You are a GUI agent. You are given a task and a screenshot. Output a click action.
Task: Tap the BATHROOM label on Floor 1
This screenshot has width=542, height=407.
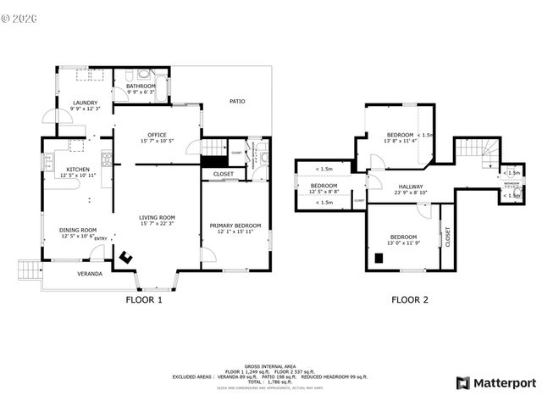tap(141, 86)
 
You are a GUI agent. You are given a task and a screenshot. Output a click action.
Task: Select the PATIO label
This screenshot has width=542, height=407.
tap(238, 102)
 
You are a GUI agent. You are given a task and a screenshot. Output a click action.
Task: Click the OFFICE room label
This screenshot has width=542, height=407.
tap(157, 135)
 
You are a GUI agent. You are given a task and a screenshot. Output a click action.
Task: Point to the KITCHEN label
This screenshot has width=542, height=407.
tap(78, 170)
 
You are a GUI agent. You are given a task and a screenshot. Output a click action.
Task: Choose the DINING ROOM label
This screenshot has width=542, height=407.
tap(78, 230)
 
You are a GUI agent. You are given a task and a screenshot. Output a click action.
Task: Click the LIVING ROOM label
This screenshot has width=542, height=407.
tap(157, 217)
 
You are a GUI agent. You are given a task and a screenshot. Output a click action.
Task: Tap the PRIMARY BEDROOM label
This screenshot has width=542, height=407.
tap(235, 225)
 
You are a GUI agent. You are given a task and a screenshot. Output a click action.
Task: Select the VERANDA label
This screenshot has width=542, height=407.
tap(91, 274)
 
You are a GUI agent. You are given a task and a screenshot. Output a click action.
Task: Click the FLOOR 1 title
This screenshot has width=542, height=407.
tap(144, 299)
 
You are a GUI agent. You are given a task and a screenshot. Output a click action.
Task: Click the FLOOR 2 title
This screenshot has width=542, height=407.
tap(409, 299)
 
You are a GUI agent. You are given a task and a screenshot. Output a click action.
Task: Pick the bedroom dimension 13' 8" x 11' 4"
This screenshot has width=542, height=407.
tap(398, 142)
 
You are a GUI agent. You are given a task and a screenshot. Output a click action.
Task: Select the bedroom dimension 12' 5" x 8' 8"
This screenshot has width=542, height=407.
tap(324, 192)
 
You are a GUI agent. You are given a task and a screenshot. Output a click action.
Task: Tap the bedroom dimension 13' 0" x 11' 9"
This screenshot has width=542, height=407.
tap(403, 243)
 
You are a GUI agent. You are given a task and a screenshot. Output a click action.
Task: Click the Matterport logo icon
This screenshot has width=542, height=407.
tap(464, 382)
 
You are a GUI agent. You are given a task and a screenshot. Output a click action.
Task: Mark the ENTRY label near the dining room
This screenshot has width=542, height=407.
tap(101, 238)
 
